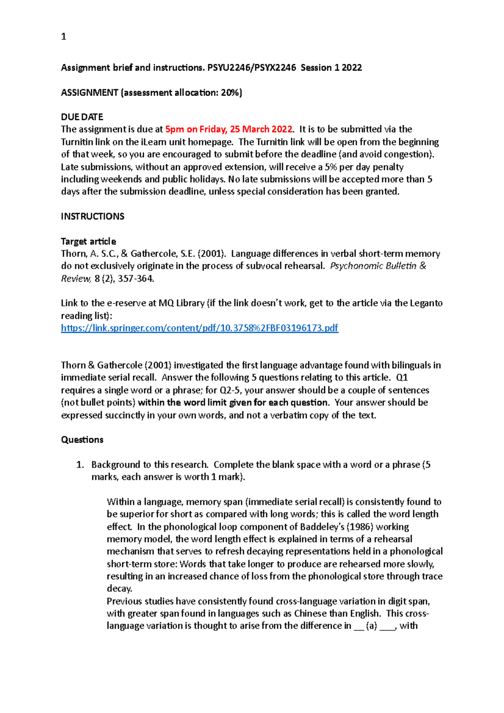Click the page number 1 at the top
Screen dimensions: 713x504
[63, 37]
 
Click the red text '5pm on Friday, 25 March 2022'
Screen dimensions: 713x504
[228, 129]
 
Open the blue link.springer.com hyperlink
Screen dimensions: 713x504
[199, 328]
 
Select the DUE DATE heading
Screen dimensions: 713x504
[82, 117]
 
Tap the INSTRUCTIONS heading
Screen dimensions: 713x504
[92, 216]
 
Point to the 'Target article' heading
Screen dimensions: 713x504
[88, 241]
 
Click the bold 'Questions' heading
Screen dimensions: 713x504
[82, 440]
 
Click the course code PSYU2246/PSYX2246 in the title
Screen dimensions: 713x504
[252, 68]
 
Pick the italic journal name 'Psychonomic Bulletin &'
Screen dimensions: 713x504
[378, 266]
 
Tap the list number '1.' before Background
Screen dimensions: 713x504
[80, 465]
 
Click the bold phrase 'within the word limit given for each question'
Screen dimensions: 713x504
[233, 403]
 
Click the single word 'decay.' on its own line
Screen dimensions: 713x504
[119, 589]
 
